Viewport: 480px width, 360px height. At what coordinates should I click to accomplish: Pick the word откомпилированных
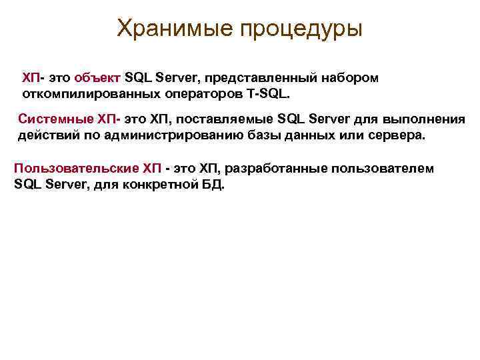(x=84, y=93)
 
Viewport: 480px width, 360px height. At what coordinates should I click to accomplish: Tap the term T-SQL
(x=269, y=93)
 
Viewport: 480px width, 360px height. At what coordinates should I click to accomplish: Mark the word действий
(x=45, y=135)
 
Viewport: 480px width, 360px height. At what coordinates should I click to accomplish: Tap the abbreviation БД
(x=213, y=183)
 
